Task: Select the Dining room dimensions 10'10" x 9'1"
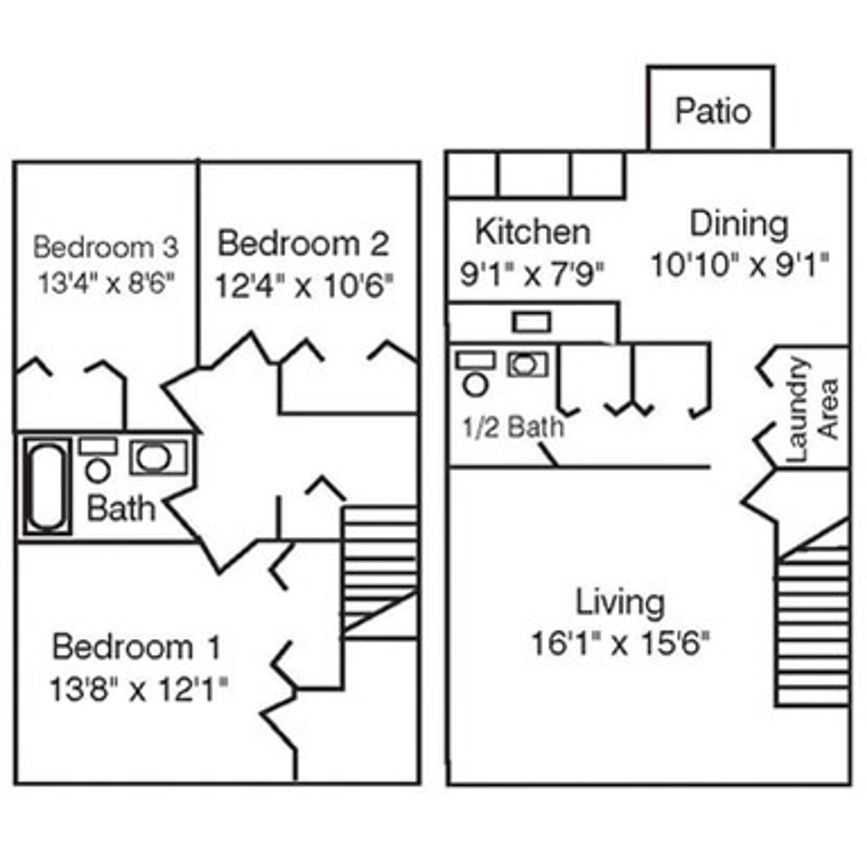click(x=739, y=265)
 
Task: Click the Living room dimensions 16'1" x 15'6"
click(x=620, y=643)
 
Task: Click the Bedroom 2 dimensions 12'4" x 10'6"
click(x=304, y=286)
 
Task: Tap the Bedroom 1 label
click(x=136, y=647)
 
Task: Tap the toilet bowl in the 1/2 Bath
click(x=476, y=385)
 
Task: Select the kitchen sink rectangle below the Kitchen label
click(x=531, y=322)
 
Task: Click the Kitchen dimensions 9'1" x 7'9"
click(x=532, y=274)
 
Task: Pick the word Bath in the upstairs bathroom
click(x=121, y=509)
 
